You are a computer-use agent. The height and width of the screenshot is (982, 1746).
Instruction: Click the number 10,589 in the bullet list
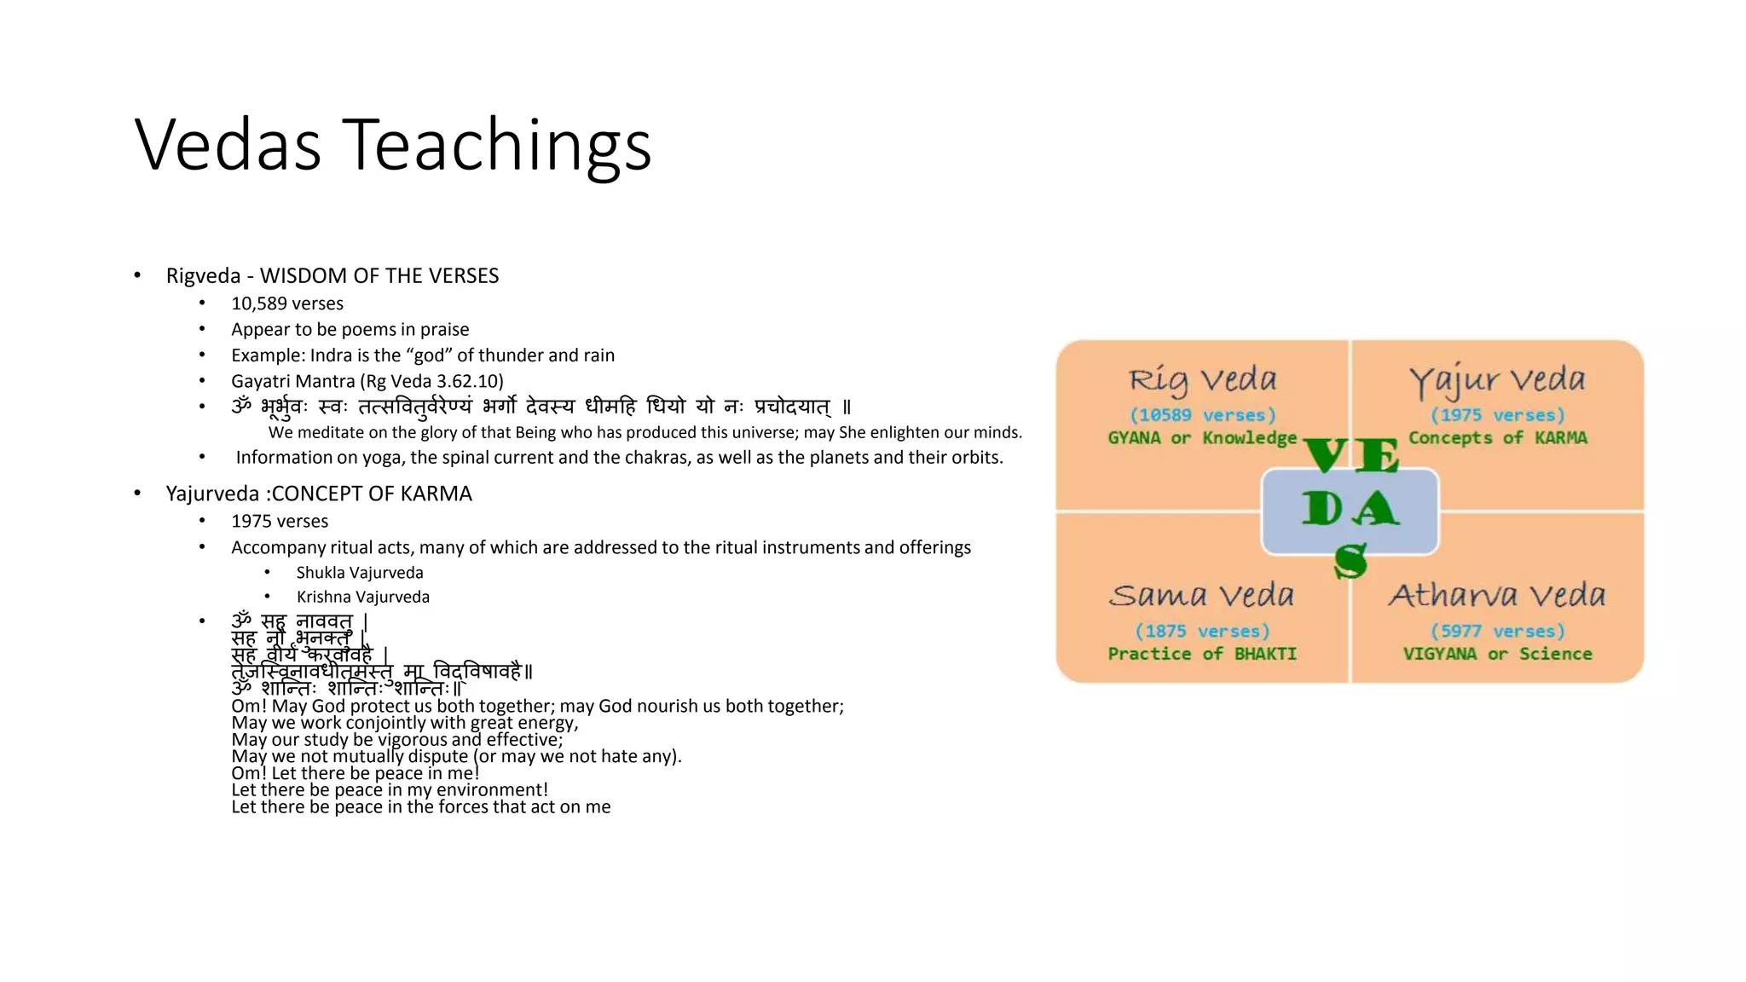259,303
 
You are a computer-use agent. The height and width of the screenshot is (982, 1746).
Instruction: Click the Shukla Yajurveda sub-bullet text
360,573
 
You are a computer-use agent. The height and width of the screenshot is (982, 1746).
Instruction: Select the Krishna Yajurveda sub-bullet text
363,598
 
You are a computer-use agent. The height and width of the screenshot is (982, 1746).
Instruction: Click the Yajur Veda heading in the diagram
1497,380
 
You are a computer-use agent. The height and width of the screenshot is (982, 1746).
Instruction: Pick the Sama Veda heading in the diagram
1202,595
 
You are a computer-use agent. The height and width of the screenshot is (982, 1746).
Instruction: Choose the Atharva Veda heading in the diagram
1497,595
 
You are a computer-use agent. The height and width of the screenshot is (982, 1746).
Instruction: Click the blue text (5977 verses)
1498,632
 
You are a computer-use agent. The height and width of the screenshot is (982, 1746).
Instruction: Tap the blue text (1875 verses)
1202,632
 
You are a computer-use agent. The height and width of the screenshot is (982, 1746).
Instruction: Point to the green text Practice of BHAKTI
1202,655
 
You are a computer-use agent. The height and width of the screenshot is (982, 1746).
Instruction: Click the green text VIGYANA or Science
1498,655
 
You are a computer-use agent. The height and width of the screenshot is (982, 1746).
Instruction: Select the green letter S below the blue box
1350,563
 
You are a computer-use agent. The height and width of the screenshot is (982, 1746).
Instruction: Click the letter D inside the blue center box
1321,510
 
